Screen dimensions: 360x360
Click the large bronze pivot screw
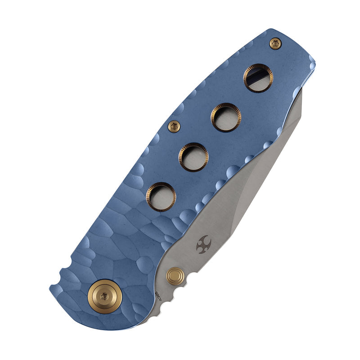point(104,295)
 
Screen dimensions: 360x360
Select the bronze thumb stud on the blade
point(175,276)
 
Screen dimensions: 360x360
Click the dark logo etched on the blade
point(204,243)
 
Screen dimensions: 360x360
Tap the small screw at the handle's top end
point(275,43)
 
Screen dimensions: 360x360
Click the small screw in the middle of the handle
point(174,126)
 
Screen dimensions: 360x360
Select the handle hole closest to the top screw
point(258,78)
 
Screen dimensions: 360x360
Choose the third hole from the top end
point(193,157)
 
